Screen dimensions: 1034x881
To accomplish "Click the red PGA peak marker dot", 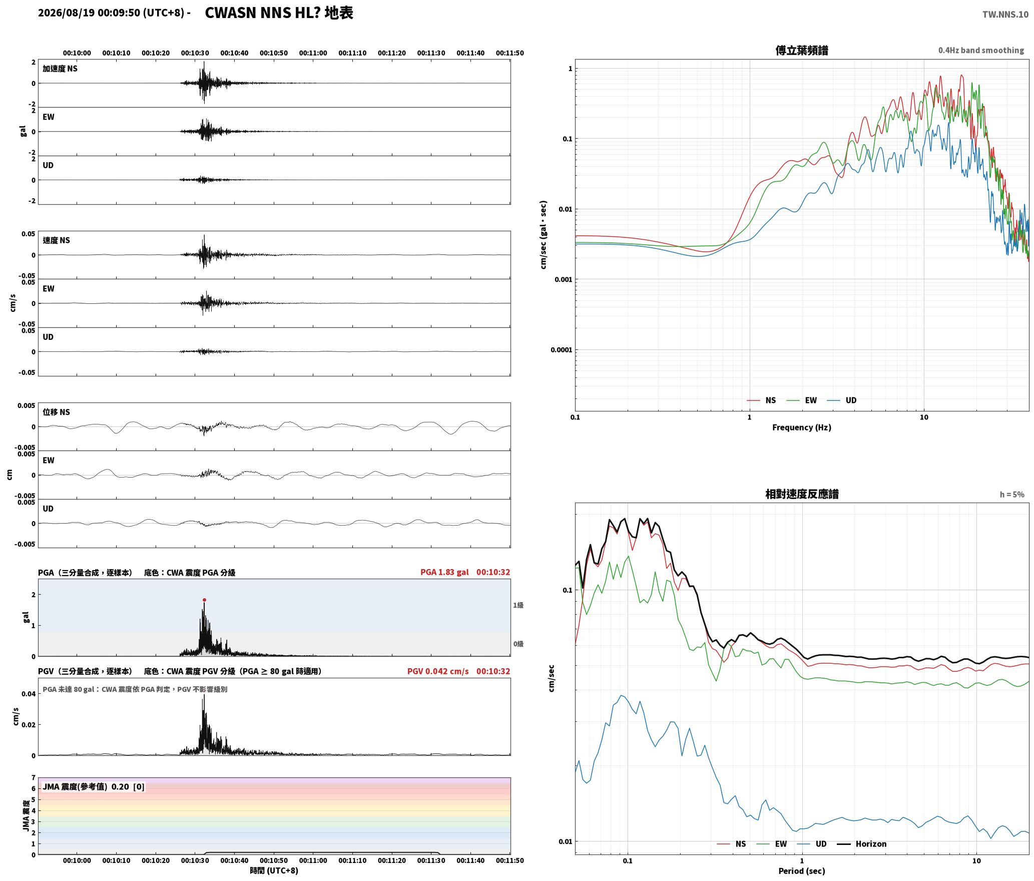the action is (204, 600).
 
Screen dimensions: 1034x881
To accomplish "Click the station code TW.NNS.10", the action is (1005, 14).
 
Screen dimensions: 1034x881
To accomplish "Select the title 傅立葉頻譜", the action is (802, 51).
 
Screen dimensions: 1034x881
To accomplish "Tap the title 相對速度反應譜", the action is (802, 494).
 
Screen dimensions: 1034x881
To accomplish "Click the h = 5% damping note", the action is (1012, 495).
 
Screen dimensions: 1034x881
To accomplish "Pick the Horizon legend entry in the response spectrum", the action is (862, 844).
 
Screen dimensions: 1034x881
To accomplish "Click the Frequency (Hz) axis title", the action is (802, 427).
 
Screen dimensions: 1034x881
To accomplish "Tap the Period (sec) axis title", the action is (802, 870).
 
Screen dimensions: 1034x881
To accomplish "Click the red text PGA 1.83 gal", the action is (444, 572).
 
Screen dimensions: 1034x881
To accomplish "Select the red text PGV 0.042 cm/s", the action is (438, 671).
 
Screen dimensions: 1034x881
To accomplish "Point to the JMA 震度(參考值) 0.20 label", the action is (86, 786).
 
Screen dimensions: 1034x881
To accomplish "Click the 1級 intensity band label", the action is (518, 605).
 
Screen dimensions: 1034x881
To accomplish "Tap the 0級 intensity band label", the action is (518, 644).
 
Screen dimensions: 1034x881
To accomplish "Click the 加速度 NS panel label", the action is (60, 69).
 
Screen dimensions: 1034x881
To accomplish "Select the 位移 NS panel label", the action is (56, 412).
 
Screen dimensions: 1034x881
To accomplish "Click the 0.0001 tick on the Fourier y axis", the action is (561, 350).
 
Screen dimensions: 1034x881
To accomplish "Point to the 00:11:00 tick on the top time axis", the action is (313, 53).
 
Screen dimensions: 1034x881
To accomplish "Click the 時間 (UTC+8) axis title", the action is (274, 870).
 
